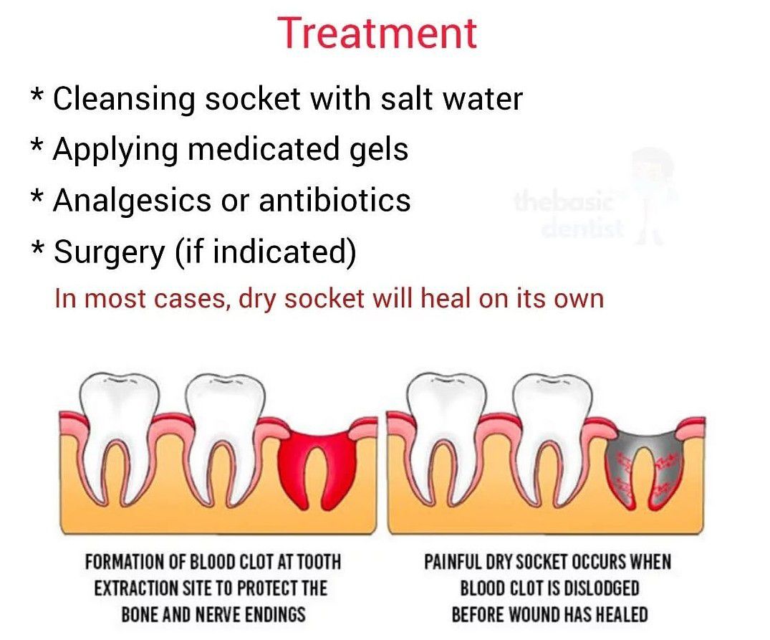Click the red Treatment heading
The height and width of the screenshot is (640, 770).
(377, 33)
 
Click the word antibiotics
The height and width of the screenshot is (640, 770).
(335, 200)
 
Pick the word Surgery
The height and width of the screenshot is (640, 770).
(110, 252)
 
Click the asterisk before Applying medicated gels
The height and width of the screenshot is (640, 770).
(37, 145)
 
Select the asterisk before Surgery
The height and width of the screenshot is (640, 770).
(37, 247)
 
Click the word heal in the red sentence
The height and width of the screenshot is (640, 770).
(446, 298)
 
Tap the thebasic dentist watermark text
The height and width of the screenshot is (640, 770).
(568, 215)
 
